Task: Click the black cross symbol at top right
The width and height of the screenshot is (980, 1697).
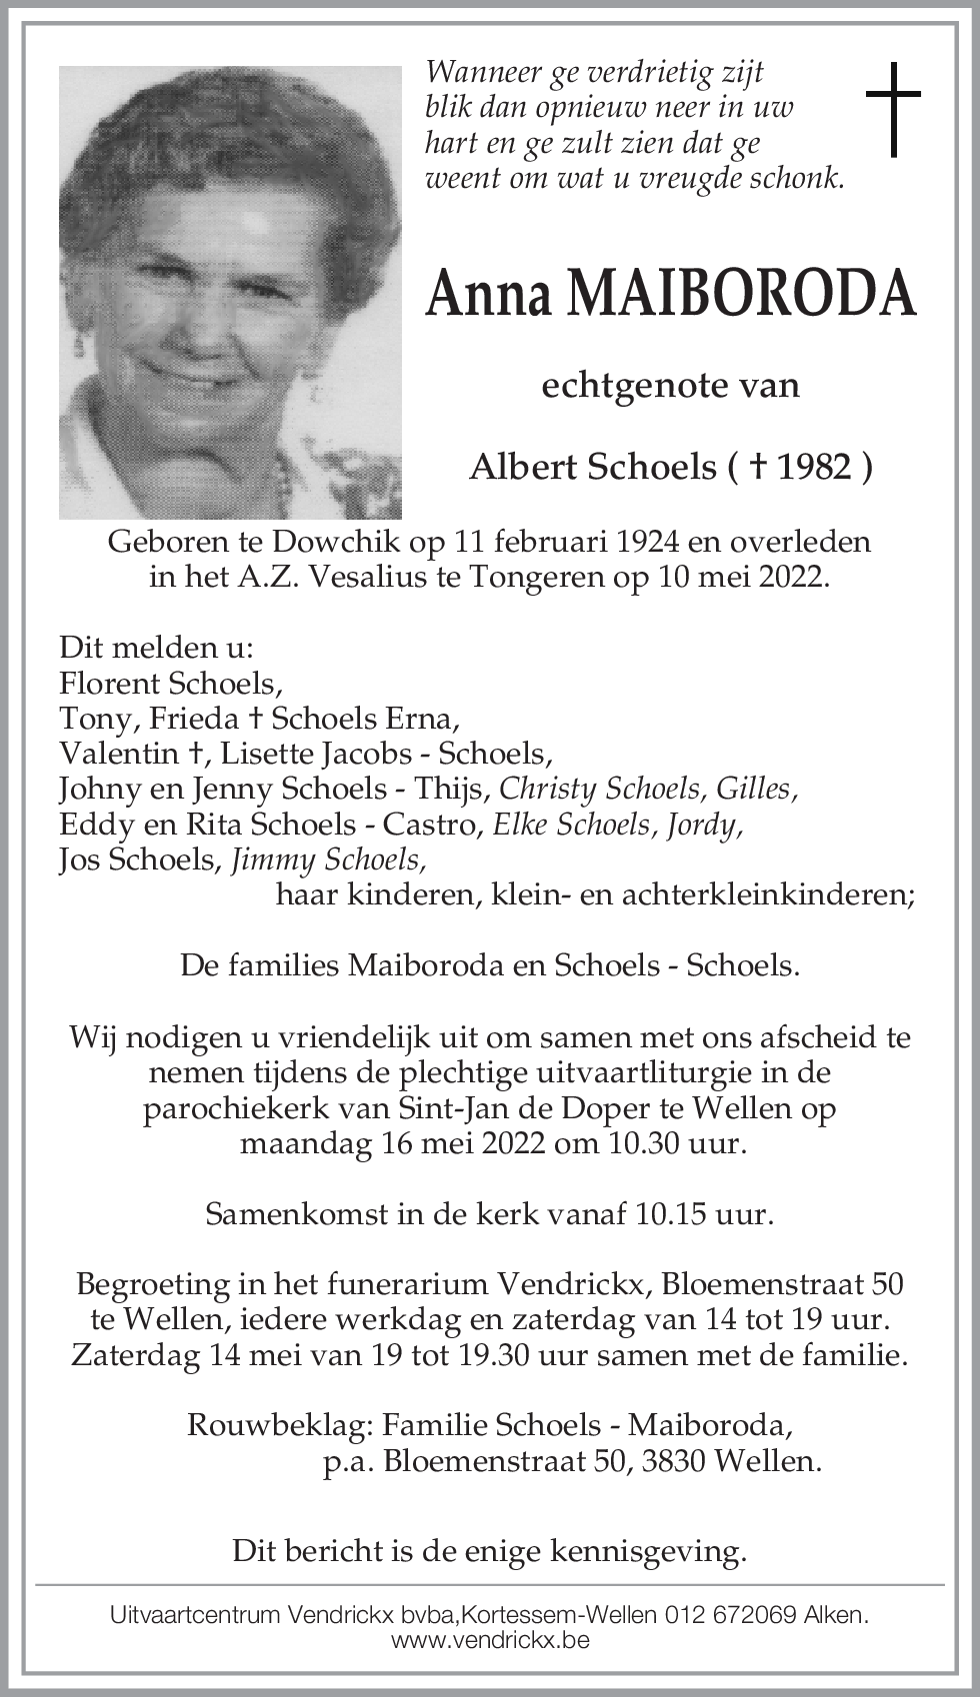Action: [892, 109]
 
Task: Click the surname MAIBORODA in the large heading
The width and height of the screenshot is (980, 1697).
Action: [740, 294]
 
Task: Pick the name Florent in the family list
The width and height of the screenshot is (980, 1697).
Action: [109, 684]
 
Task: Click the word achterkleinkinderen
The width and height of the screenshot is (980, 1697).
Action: [767, 894]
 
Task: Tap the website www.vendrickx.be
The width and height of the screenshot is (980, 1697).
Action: [490, 1640]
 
